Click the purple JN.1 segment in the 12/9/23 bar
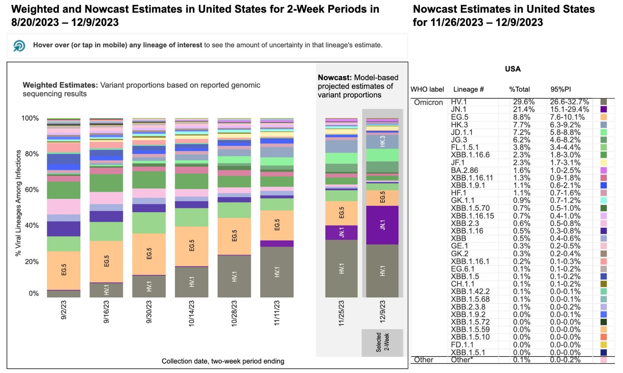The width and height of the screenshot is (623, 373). click(382, 225)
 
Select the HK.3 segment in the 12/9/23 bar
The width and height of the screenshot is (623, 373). click(382, 142)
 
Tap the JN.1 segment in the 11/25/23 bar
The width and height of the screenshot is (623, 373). click(341, 232)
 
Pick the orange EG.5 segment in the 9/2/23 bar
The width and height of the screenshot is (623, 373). click(64, 270)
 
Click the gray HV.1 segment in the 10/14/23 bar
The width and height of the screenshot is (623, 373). click(192, 282)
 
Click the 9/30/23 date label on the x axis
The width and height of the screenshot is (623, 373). click(149, 312)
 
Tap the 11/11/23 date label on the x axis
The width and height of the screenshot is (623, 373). click(277, 313)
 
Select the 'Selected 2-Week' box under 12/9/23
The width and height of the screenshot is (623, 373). click(382, 342)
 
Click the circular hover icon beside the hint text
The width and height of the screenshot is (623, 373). click(19, 46)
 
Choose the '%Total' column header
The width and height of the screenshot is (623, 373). click(519, 89)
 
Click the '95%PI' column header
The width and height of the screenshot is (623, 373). click(561, 89)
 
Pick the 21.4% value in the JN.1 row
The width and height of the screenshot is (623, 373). click(524, 109)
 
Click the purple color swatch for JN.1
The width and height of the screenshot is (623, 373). click(603, 109)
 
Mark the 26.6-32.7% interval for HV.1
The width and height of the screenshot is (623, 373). click(569, 102)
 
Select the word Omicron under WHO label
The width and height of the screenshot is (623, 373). click(428, 103)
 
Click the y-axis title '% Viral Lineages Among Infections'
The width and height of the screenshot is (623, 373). click(18, 203)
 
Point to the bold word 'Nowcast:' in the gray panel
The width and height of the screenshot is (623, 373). click(334, 78)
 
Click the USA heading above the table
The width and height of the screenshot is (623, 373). click(513, 69)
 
